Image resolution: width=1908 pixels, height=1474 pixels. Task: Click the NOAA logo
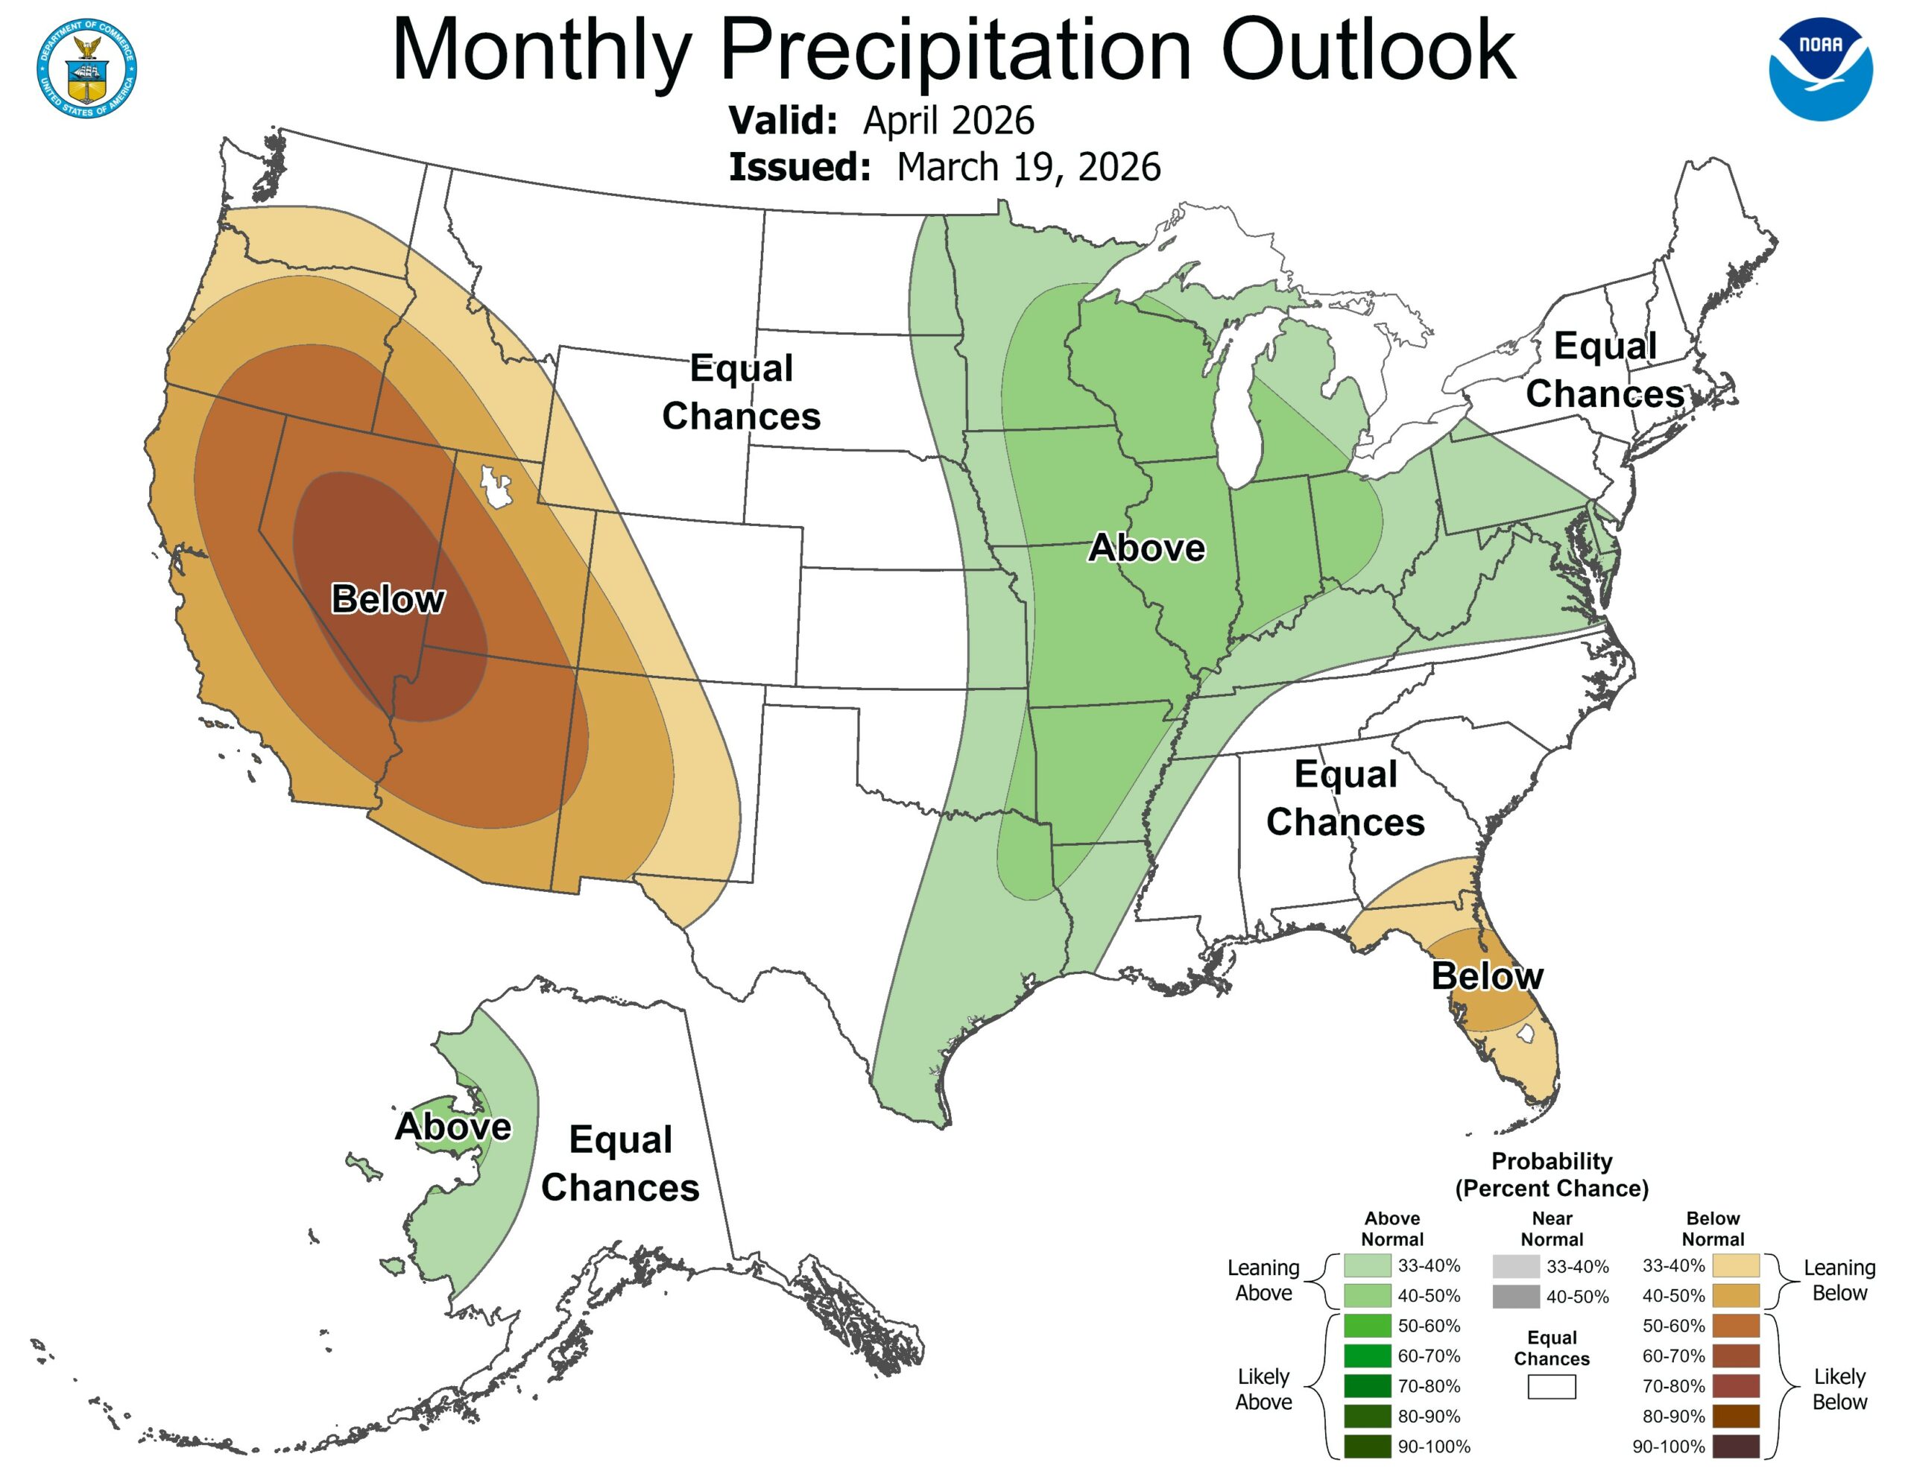tap(1820, 69)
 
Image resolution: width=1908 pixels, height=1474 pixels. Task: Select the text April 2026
tap(948, 121)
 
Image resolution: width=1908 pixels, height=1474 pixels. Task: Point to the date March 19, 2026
tap(1029, 167)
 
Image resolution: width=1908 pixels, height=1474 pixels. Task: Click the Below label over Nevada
tap(388, 599)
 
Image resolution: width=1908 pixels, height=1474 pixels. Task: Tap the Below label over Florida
tap(1487, 976)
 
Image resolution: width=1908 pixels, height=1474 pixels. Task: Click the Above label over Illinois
tap(1146, 548)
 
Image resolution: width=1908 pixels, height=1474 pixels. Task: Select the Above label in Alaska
tap(452, 1126)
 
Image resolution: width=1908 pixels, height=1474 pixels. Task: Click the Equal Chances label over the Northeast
tap(1605, 370)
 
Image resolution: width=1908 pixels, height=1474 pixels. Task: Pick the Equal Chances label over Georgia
tap(1345, 797)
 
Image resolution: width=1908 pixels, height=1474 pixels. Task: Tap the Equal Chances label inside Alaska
tap(620, 1163)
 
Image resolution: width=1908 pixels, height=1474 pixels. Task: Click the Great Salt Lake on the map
tap(494, 487)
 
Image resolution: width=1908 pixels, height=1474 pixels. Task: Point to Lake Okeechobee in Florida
tap(1526, 1034)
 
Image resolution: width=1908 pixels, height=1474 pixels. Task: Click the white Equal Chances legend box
tap(1552, 1387)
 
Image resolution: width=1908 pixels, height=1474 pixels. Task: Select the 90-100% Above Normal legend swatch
tap(1367, 1446)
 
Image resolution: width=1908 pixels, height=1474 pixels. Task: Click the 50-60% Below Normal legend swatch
tap(1735, 1326)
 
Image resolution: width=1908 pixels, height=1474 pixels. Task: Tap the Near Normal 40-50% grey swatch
tap(1516, 1297)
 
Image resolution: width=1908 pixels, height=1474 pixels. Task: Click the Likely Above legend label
tap(1263, 1388)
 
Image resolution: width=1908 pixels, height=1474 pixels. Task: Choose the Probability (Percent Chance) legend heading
tap(1552, 1174)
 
